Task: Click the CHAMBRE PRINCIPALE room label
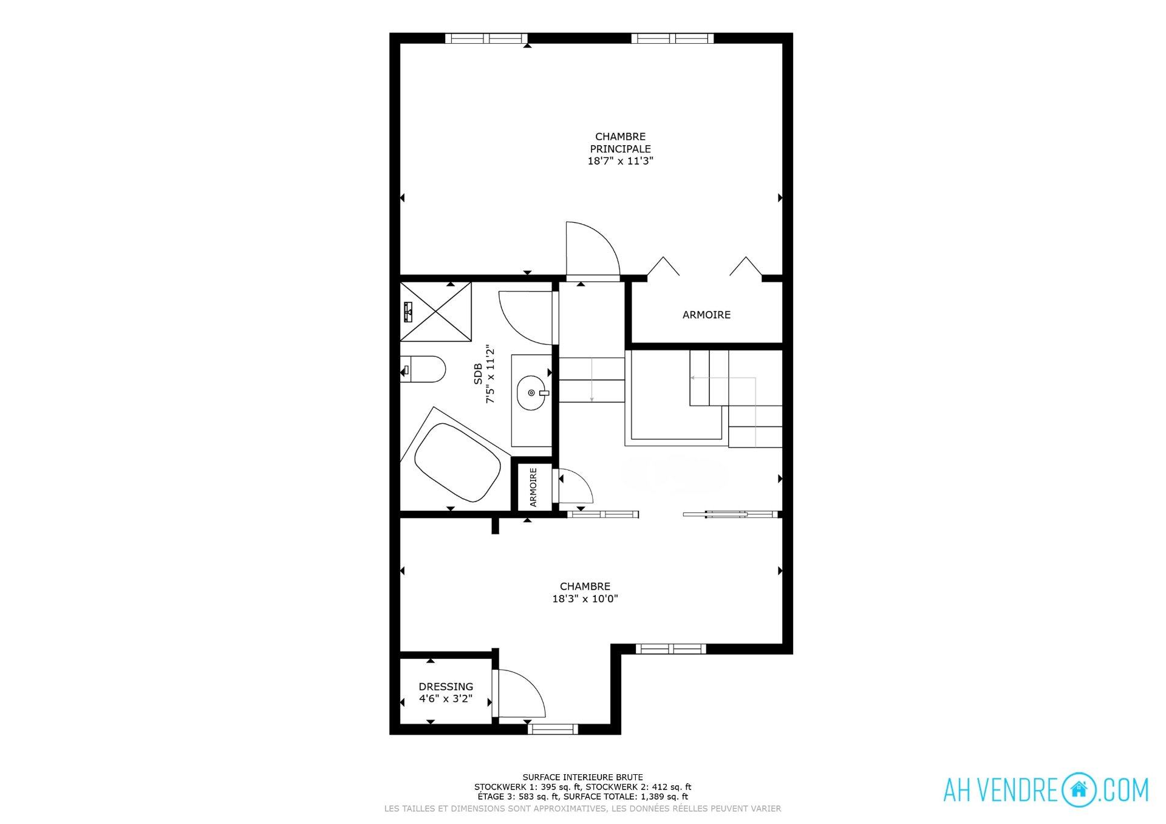(620, 143)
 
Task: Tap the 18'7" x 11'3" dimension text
(620, 161)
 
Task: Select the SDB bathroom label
(478, 373)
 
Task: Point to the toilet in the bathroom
(423, 369)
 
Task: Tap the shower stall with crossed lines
(436, 312)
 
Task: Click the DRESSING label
(446, 687)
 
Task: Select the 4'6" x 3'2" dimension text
(446, 699)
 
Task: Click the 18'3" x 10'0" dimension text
(585, 599)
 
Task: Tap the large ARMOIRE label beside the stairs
(706, 315)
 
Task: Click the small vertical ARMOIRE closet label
(533, 487)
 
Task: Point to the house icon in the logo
(1079, 789)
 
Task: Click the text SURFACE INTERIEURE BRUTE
(582, 777)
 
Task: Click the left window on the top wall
(486, 38)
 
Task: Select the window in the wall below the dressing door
(553, 729)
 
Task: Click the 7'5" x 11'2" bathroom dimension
(490, 374)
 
